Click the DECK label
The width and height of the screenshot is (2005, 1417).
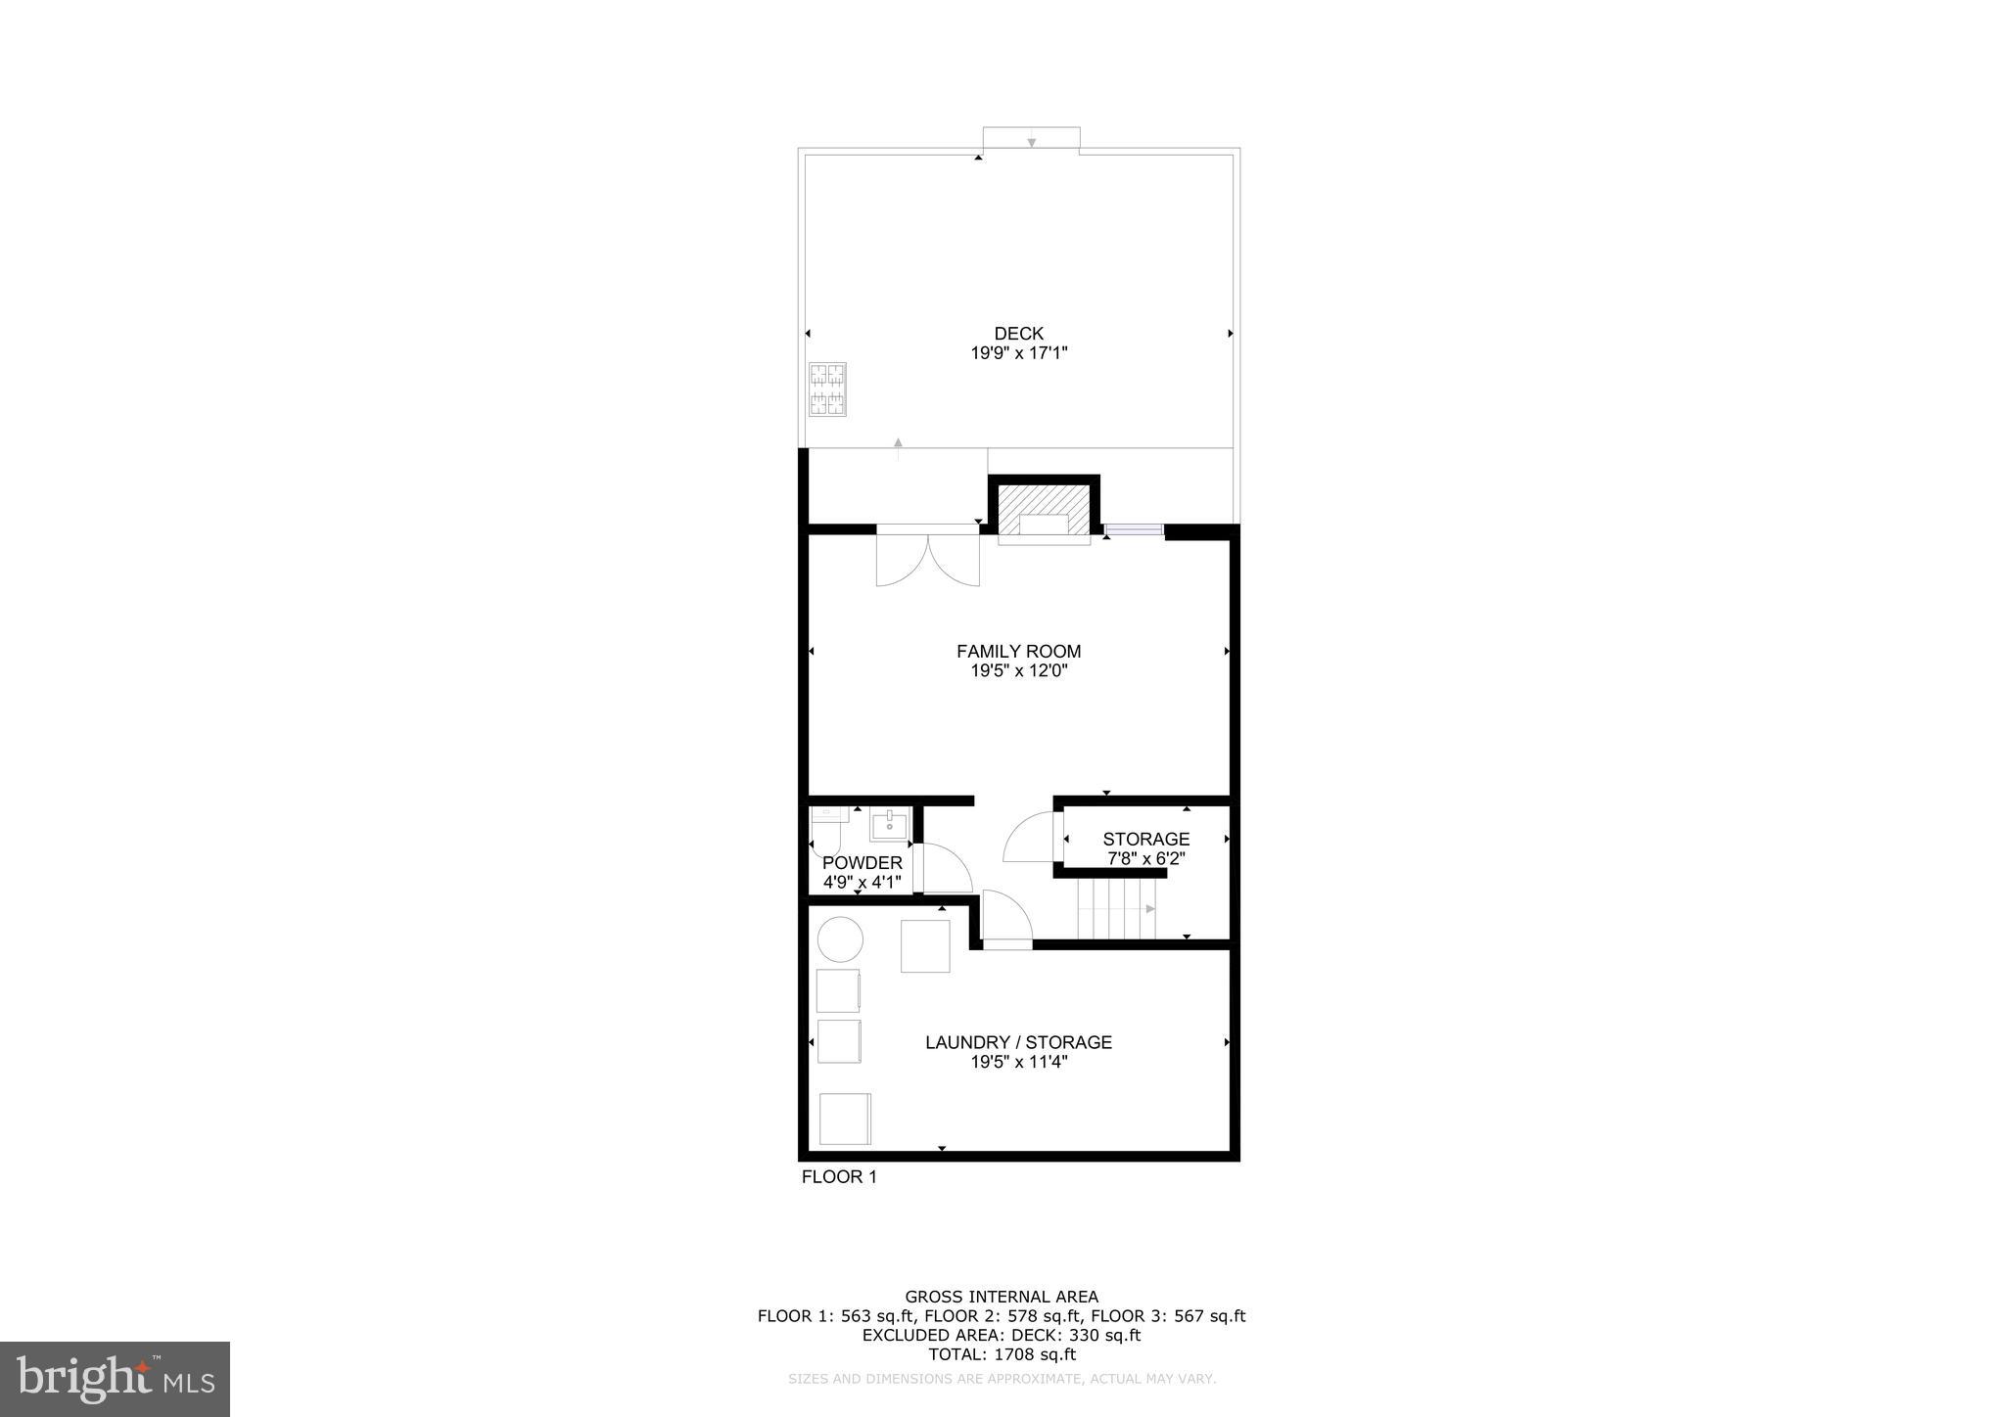(x=1018, y=334)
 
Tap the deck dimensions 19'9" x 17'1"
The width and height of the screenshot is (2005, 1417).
(x=1018, y=353)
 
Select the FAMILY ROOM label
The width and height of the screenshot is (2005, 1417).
(x=1018, y=652)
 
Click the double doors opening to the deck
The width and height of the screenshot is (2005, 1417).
(x=927, y=559)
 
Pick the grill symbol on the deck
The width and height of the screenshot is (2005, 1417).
(x=827, y=389)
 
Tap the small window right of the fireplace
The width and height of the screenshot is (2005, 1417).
(x=1134, y=530)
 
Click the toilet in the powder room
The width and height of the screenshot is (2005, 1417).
(x=825, y=832)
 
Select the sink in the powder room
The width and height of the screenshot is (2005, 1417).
(x=889, y=825)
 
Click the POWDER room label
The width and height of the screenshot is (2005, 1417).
(x=862, y=863)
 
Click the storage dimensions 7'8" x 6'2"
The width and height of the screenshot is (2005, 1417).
(x=1145, y=859)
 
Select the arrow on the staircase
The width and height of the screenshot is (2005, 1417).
(x=1150, y=909)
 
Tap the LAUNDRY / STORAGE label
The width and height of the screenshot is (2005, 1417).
(x=1018, y=1043)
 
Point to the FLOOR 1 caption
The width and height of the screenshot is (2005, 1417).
(x=839, y=1177)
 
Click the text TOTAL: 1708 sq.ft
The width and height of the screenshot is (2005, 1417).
(x=1002, y=1354)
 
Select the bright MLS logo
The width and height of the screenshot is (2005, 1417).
(x=115, y=1379)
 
